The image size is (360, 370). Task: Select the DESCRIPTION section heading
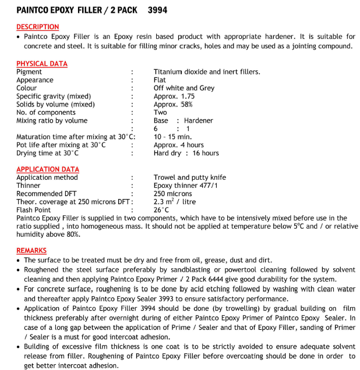pos(37,27)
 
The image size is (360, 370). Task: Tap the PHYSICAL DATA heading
pos(42,63)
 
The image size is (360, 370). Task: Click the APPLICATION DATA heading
pos(48,169)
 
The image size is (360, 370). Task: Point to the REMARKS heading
pos(31,250)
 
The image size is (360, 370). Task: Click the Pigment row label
pos(29,72)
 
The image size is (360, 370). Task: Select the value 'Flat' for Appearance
pos(160,80)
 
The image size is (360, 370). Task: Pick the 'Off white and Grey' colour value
pos(184,88)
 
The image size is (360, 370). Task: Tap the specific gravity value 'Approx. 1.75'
pos(174,96)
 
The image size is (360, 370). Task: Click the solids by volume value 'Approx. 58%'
pos(173,104)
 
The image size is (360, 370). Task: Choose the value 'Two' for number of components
pos(160,112)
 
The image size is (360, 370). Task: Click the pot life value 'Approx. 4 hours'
pos(179,145)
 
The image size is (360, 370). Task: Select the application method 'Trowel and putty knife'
pos(190,177)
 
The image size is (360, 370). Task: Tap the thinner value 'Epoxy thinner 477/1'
pos(186,186)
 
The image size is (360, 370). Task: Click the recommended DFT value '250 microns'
pos(173,194)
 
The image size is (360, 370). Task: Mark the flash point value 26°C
pos(161,210)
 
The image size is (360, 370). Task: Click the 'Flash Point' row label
pos(34,210)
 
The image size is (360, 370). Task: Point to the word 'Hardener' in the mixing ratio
pos(199,120)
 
